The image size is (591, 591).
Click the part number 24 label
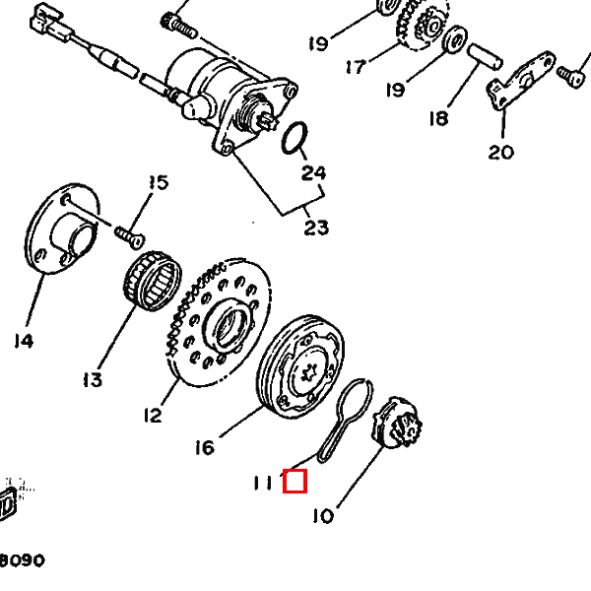pyautogui.click(x=313, y=173)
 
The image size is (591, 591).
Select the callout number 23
pyautogui.click(x=316, y=228)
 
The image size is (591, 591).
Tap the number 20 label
pyautogui.click(x=501, y=153)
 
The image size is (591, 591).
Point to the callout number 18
pyautogui.click(x=438, y=118)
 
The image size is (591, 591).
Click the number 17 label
pyautogui.click(x=356, y=67)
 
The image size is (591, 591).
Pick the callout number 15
pyautogui.click(x=159, y=182)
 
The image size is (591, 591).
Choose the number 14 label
pyautogui.click(x=24, y=341)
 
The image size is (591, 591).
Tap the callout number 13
pyautogui.click(x=93, y=379)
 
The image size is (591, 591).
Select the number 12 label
pyautogui.click(x=153, y=416)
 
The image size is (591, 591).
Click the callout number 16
pyautogui.click(x=205, y=448)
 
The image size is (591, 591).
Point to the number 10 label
pyautogui.click(x=323, y=515)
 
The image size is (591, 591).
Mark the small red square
pyautogui.click(x=295, y=481)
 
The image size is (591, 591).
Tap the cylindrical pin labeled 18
pyautogui.click(x=485, y=56)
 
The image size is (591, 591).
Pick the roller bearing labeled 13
pyautogui.click(x=153, y=281)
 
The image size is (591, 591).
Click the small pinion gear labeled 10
pyautogui.click(x=398, y=423)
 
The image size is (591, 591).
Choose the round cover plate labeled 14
pyautogui.click(x=62, y=229)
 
